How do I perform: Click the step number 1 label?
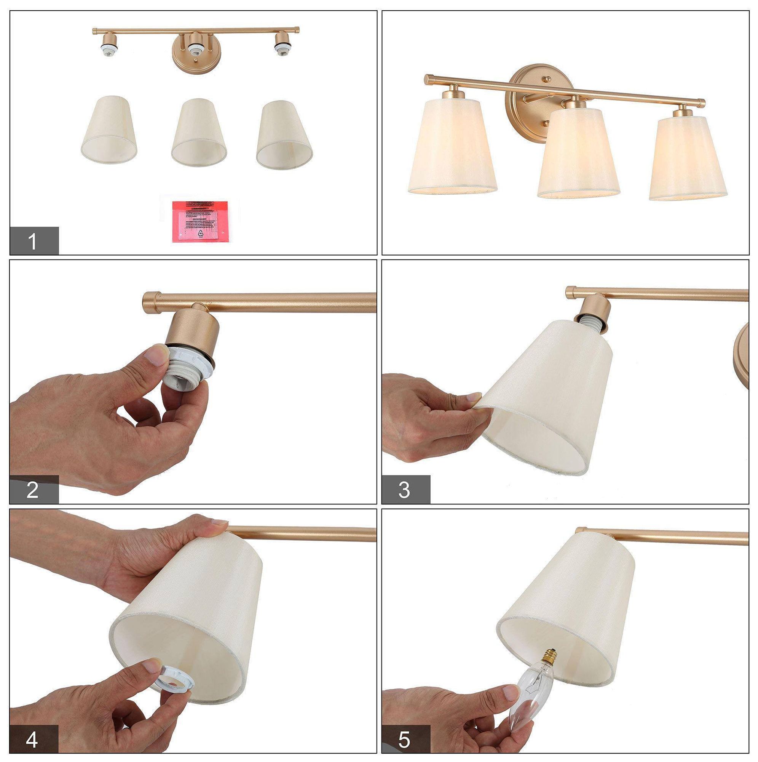[34, 241]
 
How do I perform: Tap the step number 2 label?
[34, 490]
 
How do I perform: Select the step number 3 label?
[405, 490]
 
